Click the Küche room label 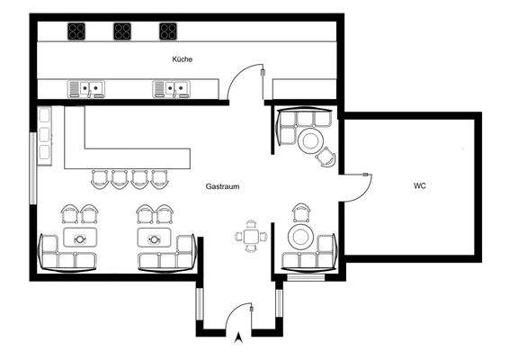pos(183,59)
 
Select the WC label pos(419,186)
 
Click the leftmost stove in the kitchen pos(76,31)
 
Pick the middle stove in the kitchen pos(122,31)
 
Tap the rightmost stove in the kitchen pos(168,31)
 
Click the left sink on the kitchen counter pos(87,88)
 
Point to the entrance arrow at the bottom pos(237,339)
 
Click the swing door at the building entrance pos(239,315)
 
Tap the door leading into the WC pos(359,184)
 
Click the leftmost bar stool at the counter pos(99,178)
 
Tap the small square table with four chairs pos(251,238)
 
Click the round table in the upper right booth pos(311,139)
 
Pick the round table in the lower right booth pos(299,238)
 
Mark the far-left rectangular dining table pos(80,238)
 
